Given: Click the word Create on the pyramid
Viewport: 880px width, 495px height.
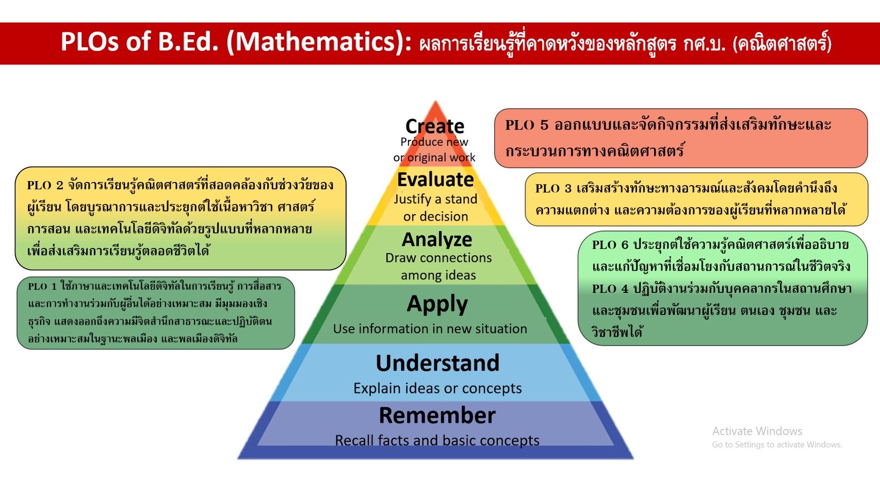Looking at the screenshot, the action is pos(434,126).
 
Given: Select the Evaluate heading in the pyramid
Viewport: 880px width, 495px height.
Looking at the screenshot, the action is pos(435,179).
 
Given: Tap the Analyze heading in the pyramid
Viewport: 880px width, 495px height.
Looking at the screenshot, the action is pos(437,240).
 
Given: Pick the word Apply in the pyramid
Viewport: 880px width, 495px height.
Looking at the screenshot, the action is pos(437,304).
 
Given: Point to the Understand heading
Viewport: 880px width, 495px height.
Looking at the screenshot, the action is pos(437,362).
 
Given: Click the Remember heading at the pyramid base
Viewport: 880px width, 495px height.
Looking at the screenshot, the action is pos(437,415).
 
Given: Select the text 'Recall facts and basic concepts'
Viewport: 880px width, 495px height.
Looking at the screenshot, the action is pos(437,440).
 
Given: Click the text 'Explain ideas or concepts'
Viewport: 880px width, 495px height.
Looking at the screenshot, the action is pos(437,388).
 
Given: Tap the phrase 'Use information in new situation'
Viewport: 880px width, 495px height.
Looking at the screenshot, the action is pos(430,328).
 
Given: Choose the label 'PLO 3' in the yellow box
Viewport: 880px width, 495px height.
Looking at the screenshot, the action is pos(553,189).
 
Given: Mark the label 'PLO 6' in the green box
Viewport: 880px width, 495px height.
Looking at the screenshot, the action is pos(610,245).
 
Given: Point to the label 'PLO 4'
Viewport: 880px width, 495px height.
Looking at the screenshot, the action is pos(610,289).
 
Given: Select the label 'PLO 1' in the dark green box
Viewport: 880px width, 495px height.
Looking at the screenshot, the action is pos(43,286).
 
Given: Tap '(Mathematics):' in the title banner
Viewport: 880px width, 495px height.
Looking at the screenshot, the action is pos(319,42).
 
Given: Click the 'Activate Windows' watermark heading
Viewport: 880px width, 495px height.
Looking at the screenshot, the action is pos(757,431).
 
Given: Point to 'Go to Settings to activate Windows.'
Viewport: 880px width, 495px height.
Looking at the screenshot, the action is pos(777,444).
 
